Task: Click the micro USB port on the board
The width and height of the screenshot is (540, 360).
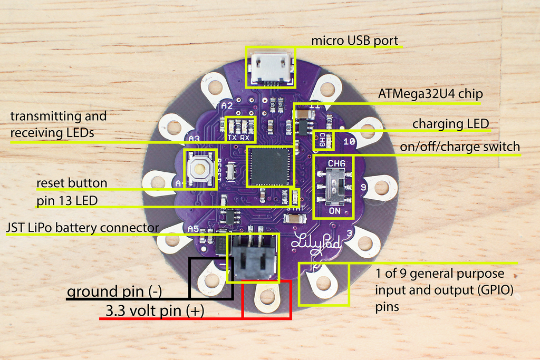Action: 271,66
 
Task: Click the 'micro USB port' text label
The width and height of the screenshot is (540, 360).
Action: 354,40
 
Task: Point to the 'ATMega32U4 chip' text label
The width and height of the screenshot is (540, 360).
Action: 431,94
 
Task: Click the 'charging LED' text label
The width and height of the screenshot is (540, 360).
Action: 450,124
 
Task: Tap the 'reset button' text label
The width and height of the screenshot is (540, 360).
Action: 72,183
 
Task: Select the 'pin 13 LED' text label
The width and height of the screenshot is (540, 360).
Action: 67,201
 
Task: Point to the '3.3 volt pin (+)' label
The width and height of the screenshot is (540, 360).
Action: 155,311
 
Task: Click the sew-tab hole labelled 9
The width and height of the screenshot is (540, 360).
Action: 379,185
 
